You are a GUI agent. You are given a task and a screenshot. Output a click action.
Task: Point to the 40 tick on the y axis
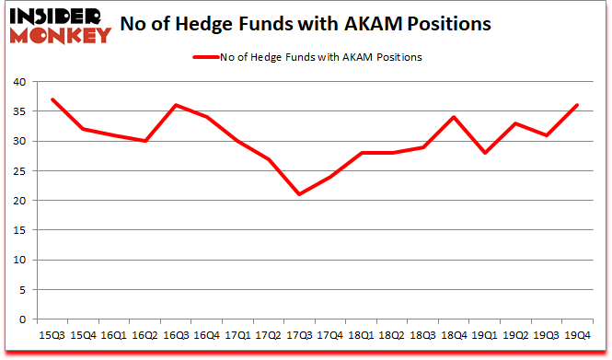20,82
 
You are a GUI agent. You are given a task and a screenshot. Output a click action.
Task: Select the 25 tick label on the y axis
20,171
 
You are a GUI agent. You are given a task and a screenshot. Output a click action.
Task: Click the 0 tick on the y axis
24,319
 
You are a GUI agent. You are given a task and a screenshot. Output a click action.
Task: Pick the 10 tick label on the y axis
20,261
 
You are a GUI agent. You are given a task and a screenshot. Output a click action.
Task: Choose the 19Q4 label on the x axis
577,334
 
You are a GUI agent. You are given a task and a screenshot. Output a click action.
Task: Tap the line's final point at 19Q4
577,105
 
